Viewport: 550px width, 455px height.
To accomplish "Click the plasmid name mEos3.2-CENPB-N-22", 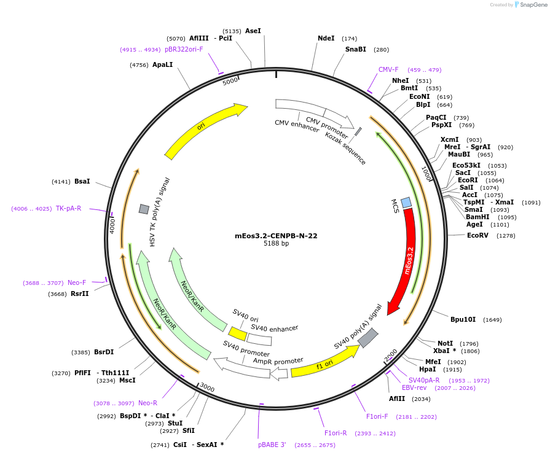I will (x=276, y=236).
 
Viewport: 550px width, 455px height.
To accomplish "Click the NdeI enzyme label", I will (x=326, y=38).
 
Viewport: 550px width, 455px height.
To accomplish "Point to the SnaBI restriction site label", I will (x=355, y=49).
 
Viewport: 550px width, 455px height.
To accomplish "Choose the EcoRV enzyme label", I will (x=477, y=235).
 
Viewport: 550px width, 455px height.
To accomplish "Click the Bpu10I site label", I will (x=463, y=319).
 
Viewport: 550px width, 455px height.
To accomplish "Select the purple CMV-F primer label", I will (x=388, y=69).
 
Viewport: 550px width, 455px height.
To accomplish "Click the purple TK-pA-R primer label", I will (x=68, y=208).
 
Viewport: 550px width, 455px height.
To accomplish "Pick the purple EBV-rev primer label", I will (x=414, y=387).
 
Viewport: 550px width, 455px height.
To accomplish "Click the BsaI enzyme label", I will (x=82, y=181).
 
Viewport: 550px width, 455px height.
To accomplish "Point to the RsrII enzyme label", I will (x=80, y=294).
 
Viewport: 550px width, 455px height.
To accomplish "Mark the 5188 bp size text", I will (x=276, y=244).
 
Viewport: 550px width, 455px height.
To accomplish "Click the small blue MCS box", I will (x=406, y=202).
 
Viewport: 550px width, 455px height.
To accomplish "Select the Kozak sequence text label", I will (x=345, y=148).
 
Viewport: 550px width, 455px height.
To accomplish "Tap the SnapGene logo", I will (x=530, y=5).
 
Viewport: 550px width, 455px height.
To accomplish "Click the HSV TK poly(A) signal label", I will (x=160, y=212).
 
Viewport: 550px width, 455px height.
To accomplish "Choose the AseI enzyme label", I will (x=253, y=31).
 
